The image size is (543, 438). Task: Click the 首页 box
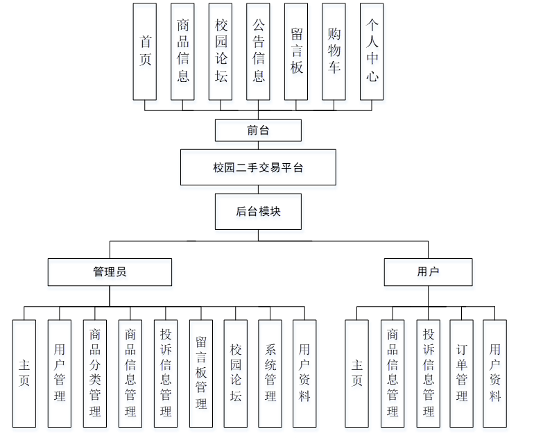[x=145, y=51]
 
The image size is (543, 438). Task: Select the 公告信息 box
[x=258, y=51]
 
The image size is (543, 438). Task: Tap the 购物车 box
[x=334, y=51]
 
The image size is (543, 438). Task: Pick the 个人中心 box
[x=372, y=51]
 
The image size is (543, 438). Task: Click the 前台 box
[x=258, y=130]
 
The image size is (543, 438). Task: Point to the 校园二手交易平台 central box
[x=258, y=167]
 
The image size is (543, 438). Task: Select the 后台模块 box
[x=258, y=212]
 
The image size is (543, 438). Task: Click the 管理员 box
[x=110, y=272]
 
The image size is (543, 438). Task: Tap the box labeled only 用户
[x=428, y=272]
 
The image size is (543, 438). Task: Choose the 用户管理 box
[x=60, y=373]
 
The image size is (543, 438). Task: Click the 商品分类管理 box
[x=95, y=373]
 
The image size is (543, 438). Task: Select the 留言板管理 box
[x=200, y=373]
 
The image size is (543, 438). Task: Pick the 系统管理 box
[x=270, y=373]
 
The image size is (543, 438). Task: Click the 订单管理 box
[x=462, y=373]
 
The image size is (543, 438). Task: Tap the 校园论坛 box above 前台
[x=221, y=51]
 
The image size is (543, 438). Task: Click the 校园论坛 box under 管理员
[x=236, y=373]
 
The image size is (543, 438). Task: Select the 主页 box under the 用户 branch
[x=357, y=373]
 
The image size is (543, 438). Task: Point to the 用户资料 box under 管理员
[x=304, y=373]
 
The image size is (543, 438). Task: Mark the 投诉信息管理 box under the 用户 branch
[x=428, y=373]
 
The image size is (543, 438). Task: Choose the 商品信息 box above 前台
[x=183, y=51]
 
